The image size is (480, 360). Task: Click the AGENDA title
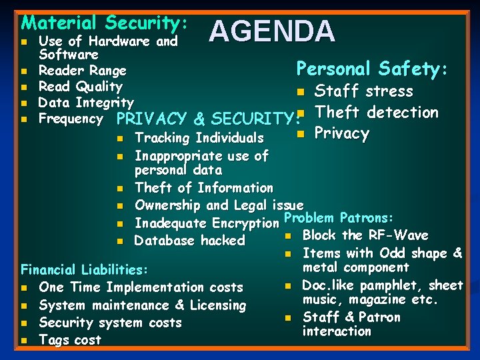tap(273, 32)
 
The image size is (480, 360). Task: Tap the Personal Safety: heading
tap(372, 69)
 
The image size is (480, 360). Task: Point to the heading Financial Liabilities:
tap(84, 270)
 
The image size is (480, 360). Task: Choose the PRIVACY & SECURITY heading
tap(205, 119)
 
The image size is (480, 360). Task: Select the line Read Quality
tap(81, 86)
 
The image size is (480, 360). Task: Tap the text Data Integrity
tap(86, 102)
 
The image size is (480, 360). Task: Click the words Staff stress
tap(364, 91)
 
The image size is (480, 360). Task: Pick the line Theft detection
tap(377, 112)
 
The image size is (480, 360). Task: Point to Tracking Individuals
tap(199, 138)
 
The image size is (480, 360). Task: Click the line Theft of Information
tap(204, 188)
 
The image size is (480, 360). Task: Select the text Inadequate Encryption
tap(207, 223)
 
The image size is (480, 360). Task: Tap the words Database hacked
tap(190, 241)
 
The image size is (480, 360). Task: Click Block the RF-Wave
tap(365, 235)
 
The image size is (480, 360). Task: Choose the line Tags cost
tap(70, 340)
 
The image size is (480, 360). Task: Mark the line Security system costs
tap(111, 323)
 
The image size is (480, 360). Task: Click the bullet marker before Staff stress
tap(301, 92)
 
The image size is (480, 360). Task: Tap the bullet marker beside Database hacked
tap(120, 241)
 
